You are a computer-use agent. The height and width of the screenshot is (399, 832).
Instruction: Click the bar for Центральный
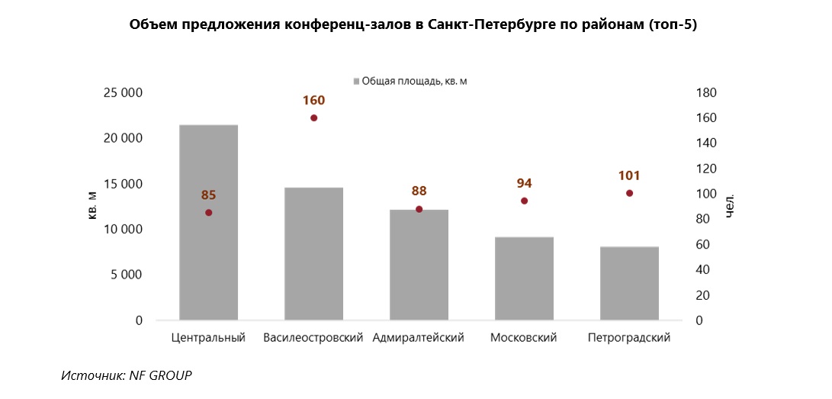point(208,267)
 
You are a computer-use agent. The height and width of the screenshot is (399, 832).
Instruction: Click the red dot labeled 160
point(313,117)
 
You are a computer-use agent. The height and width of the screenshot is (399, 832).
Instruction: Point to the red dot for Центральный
point(208,213)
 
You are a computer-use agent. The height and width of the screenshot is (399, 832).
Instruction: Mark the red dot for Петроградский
point(629,193)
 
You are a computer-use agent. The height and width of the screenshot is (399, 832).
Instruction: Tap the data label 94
point(524,183)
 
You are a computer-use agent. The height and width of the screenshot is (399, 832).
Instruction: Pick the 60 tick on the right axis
point(704,245)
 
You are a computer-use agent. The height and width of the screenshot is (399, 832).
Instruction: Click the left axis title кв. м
point(92,207)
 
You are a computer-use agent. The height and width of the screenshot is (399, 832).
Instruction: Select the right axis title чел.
point(730,207)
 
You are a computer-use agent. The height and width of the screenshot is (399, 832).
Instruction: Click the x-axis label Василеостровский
point(313,337)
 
